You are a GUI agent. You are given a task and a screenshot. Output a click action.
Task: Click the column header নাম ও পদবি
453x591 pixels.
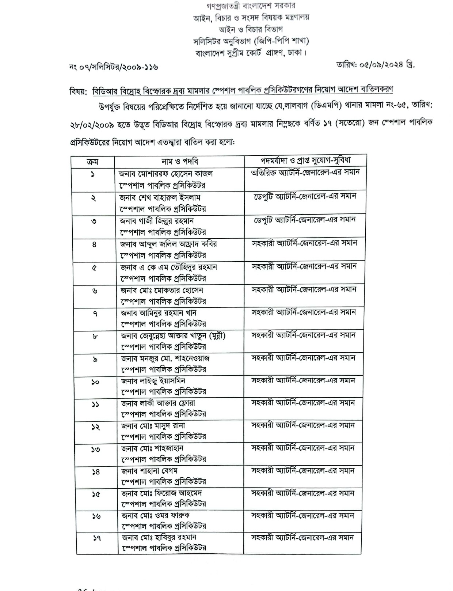click(x=180, y=162)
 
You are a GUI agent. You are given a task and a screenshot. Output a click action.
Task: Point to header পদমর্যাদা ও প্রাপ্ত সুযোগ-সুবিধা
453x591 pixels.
click(x=305, y=160)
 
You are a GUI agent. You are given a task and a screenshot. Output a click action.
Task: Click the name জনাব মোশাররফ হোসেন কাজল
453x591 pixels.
click(x=166, y=174)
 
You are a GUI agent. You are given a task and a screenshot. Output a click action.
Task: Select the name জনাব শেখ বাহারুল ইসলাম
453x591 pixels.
click(x=160, y=197)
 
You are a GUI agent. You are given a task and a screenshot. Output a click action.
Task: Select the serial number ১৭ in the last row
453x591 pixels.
click(x=96, y=538)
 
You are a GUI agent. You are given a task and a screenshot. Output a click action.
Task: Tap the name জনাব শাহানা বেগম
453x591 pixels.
click(x=149, y=471)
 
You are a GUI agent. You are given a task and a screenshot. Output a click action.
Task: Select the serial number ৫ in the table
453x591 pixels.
click(x=94, y=268)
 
